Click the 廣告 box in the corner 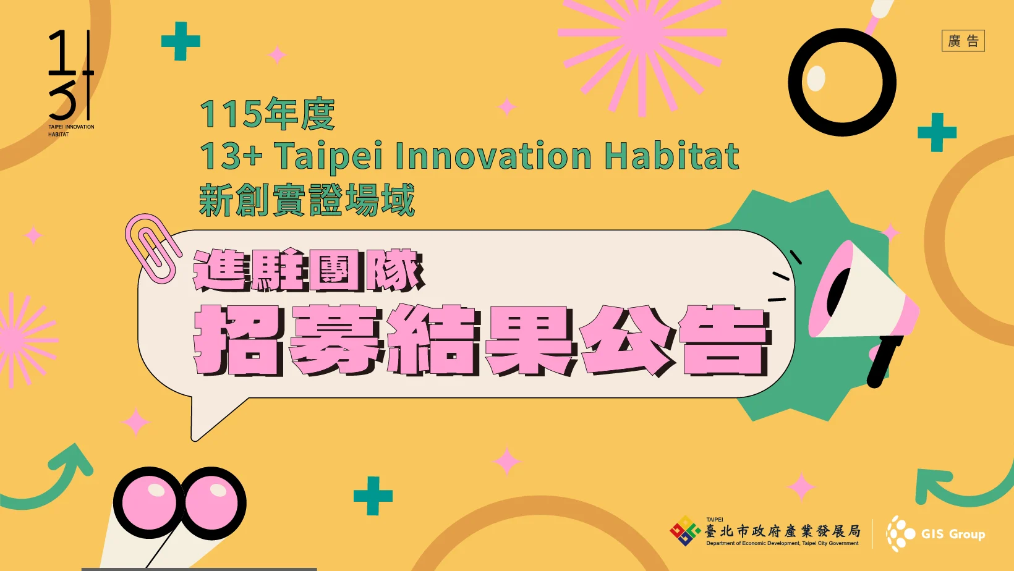[963, 41]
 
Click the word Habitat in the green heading [671, 156]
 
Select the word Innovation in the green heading [493, 156]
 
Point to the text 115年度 [267, 114]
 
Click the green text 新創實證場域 [307, 200]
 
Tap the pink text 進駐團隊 [309, 270]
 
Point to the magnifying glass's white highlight [816, 78]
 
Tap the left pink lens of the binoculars [148, 502]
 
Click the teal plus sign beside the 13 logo [181, 41]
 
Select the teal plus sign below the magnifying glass [937, 133]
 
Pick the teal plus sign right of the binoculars [373, 496]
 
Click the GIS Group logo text [953, 535]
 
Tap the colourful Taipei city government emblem [685, 531]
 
